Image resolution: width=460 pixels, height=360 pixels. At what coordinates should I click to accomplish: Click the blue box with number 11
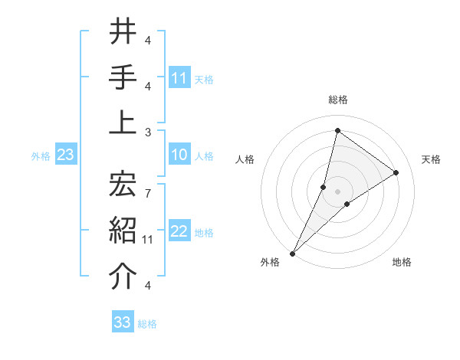(179, 77)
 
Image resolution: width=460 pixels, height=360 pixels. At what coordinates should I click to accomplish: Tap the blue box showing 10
(179, 155)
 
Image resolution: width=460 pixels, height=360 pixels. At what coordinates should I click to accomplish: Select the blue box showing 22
(179, 232)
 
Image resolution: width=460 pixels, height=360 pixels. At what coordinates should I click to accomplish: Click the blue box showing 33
(123, 322)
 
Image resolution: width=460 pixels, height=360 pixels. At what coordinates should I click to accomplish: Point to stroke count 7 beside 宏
(147, 185)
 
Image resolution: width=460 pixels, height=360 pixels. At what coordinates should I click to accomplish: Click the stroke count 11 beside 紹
(148, 240)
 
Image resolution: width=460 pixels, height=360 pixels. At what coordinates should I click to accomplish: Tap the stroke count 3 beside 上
(147, 132)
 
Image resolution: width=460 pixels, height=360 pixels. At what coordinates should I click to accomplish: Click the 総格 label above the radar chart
(337, 100)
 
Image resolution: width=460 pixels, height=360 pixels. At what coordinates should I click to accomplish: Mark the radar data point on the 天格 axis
(396, 172)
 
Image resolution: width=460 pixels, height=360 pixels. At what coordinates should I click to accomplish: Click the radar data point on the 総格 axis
(337, 131)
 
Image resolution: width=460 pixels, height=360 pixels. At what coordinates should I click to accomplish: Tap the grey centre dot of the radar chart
(337, 191)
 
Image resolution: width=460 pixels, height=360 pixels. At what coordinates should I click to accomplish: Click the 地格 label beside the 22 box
(204, 233)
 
